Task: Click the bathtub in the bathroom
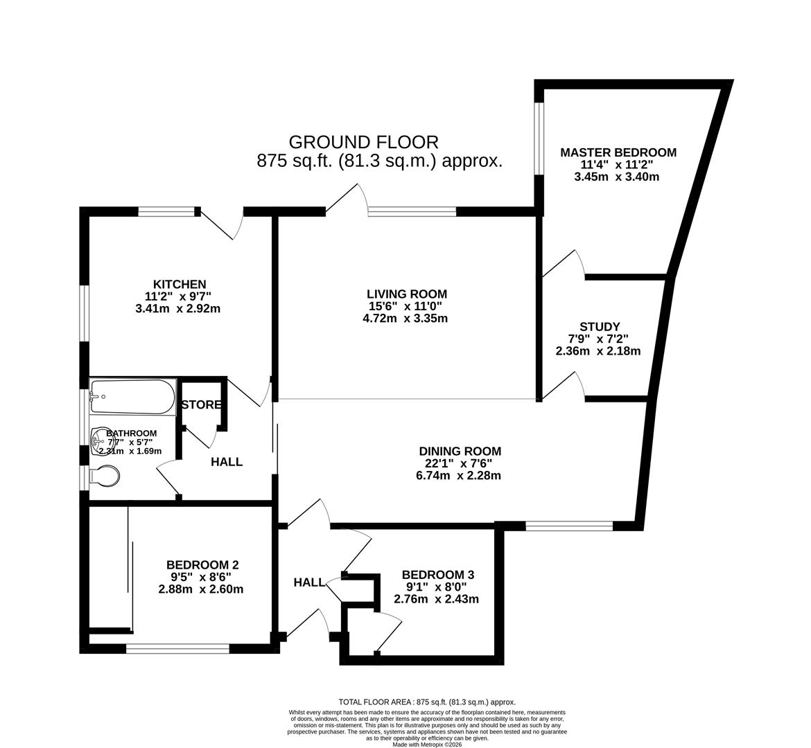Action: [132, 397]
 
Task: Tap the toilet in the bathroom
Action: [105, 477]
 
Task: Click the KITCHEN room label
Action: [180, 284]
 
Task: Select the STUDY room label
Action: [600, 326]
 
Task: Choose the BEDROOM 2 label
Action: [202, 564]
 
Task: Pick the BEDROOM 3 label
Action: [438, 575]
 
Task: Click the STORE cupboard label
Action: [201, 404]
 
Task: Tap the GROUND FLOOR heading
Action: [363, 142]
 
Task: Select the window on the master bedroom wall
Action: [538, 138]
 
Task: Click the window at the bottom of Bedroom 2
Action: [177, 649]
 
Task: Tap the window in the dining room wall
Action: [568, 526]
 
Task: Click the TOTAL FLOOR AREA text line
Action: [427, 702]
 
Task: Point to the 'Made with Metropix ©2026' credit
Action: [427, 745]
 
